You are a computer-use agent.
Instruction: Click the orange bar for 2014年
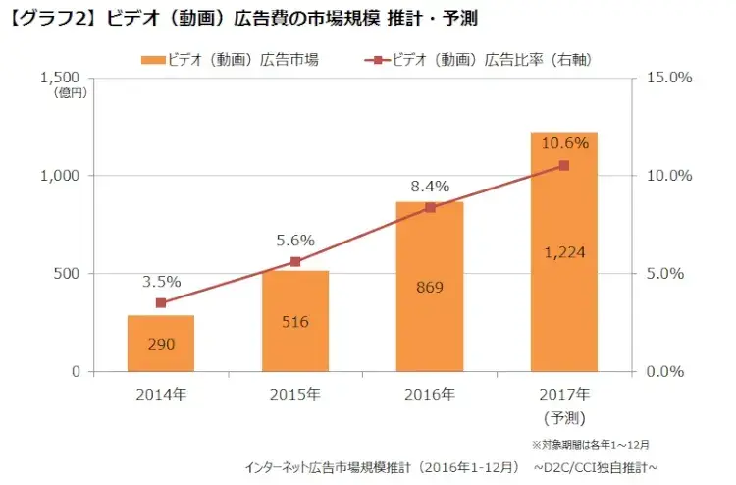click(161, 344)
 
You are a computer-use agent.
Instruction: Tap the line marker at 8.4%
click(430, 207)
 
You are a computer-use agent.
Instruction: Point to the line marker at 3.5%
click(161, 303)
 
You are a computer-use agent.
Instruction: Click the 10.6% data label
click(564, 143)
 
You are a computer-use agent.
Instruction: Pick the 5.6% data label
click(295, 240)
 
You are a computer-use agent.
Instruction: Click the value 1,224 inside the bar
click(564, 253)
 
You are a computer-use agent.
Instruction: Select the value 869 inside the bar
click(430, 288)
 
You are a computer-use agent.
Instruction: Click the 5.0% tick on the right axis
click(666, 274)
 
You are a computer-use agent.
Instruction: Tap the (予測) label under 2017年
click(564, 417)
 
